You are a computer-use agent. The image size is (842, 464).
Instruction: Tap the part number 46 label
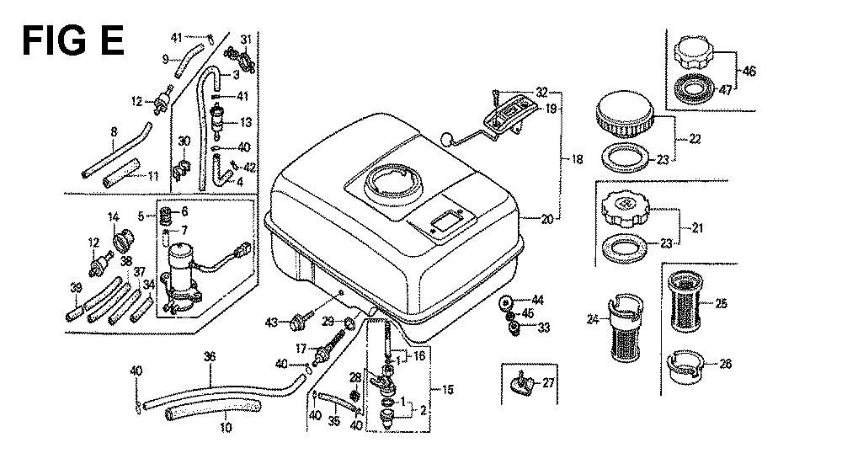[x=749, y=72]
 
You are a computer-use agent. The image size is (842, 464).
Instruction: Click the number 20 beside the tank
[x=547, y=220]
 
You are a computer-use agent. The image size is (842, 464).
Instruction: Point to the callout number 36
[x=210, y=356]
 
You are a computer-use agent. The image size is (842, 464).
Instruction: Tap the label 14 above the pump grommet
[x=112, y=217]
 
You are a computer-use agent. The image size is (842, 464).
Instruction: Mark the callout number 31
[x=246, y=40]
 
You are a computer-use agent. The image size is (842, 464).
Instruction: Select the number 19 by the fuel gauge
[x=550, y=109]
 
